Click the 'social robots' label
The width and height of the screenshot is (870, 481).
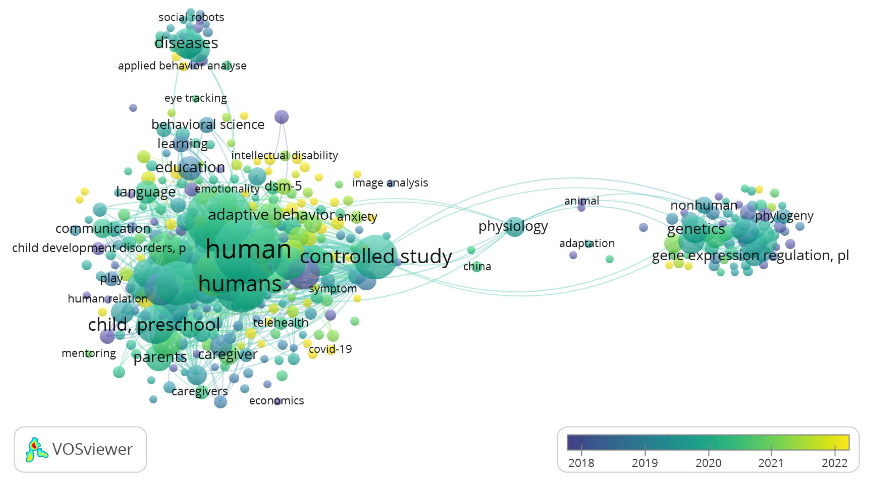pos(191,17)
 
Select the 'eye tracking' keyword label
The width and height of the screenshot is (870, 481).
pos(195,98)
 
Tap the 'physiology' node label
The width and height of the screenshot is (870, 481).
pos(513,226)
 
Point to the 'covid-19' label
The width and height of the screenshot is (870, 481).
pos(330,349)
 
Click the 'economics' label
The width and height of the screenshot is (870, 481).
pos(276,401)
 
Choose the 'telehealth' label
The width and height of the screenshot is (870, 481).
pos(281,323)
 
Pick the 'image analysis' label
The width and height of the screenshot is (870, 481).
pos(390,182)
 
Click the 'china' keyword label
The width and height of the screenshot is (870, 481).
pos(477,267)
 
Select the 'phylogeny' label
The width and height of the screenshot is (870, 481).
pos(784,216)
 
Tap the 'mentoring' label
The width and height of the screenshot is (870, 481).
pos(88,353)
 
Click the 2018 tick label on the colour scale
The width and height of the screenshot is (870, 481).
pos(581,463)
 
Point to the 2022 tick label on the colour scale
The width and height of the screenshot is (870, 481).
pos(834,463)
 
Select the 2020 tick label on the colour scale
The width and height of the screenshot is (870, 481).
pos(708,463)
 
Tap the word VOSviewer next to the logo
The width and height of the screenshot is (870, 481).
pos(93,450)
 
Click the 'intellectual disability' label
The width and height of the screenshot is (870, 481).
pos(284,156)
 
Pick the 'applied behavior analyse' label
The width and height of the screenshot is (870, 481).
pos(182,65)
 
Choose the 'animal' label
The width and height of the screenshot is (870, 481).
pos(581,201)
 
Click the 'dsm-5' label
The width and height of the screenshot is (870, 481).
pos(283,186)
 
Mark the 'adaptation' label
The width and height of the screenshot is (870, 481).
pos(587,243)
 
